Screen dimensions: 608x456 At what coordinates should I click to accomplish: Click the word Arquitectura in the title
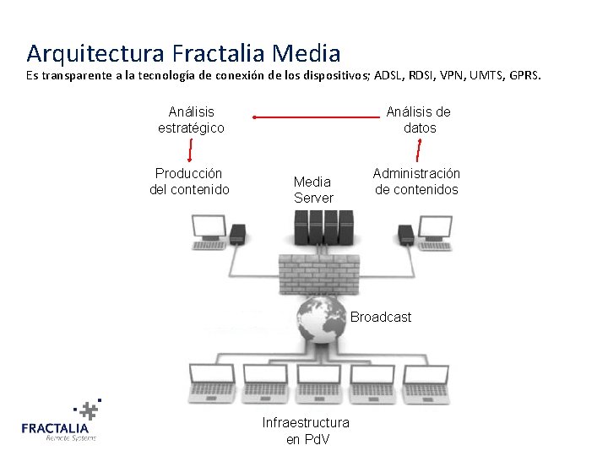95,53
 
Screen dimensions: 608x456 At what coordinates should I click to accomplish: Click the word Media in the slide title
307,53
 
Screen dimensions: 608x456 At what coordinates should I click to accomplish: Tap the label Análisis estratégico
191,120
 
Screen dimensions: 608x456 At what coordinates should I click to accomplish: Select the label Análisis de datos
419,120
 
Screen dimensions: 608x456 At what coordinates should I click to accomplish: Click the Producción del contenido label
189,182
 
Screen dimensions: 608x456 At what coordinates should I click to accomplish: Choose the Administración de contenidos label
416,182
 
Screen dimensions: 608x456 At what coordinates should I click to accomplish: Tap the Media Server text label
313,189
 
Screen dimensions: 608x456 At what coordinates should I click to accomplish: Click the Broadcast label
381,318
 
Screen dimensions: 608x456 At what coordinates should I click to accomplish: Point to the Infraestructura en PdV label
306,431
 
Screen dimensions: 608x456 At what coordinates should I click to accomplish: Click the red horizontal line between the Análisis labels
312,117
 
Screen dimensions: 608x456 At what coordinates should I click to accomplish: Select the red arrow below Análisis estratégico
191,149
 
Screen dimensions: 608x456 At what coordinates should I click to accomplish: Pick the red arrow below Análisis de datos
420,150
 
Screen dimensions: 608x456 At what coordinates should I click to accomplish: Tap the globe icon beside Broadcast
321,320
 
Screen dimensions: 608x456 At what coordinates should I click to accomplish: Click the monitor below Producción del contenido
209,231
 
